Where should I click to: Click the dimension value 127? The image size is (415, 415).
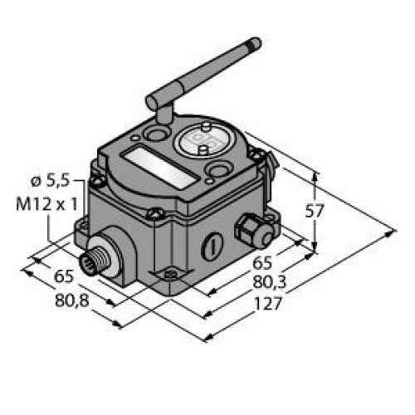click(270, 304)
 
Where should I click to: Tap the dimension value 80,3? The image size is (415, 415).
click(268, 285)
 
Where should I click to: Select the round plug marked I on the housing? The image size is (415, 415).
click(214, 247)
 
